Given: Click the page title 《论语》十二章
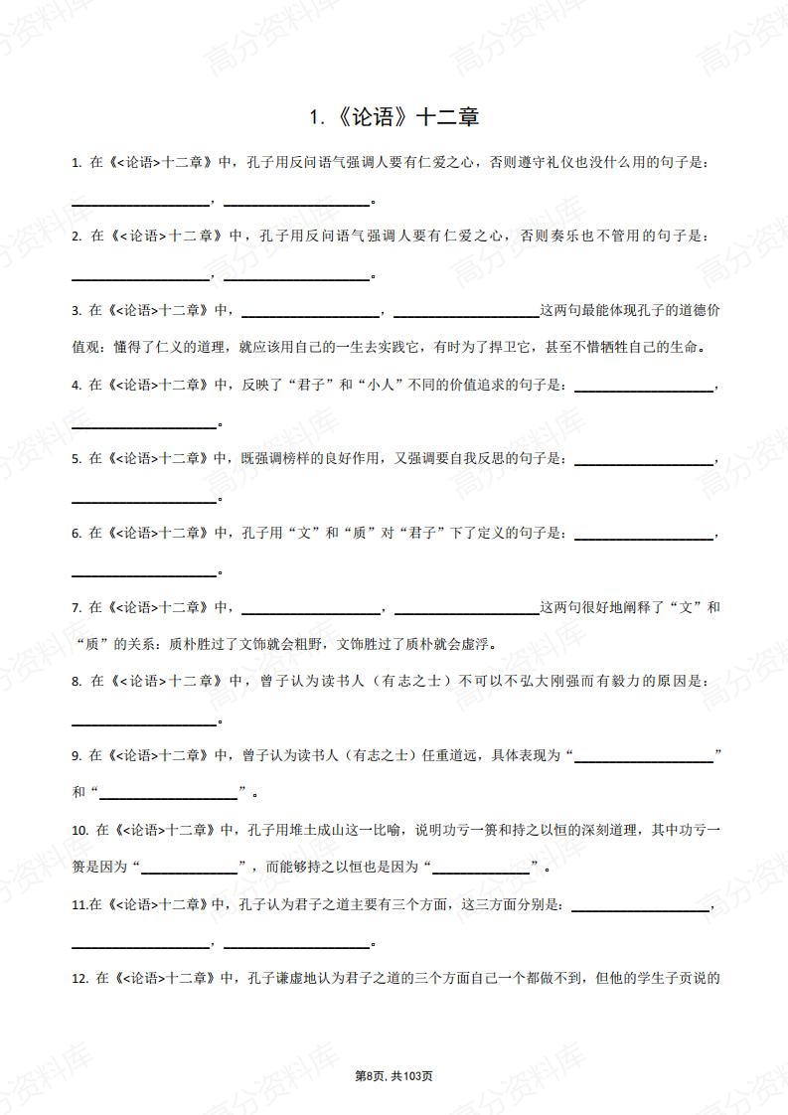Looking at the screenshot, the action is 394,117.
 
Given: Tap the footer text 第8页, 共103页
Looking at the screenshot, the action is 394,1076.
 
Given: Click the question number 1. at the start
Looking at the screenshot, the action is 77,162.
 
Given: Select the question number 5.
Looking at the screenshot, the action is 77,458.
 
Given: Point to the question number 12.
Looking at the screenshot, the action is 80,979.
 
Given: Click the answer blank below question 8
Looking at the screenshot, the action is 145,717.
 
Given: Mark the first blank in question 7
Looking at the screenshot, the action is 311,607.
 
